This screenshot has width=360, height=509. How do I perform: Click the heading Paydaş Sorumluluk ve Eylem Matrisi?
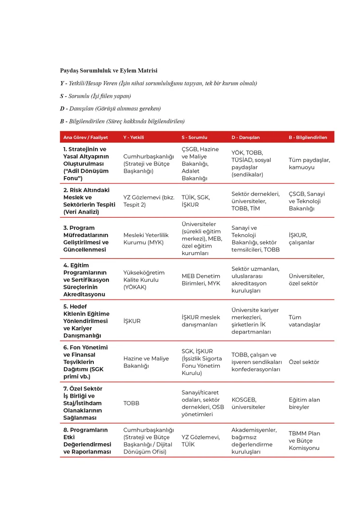(x=108, y=71)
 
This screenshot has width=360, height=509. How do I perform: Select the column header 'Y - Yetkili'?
(x=134, y=137)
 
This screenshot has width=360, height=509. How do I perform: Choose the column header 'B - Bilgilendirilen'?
(x=308, y=137)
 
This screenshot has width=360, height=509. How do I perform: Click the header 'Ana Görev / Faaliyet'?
(x=85, y=137)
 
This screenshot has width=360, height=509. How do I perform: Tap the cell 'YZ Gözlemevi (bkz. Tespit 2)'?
(x=149, y=201)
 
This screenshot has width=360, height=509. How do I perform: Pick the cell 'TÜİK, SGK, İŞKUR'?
(x=196, y=201)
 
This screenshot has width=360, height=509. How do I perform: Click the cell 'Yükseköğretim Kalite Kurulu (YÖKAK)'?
(x=144, y=280)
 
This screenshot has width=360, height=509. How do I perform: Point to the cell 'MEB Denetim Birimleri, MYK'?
(x=201, y=280)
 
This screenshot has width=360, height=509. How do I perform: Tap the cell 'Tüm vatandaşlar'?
(x=304, y=321)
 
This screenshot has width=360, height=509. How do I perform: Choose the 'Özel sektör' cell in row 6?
(x=304, y=362)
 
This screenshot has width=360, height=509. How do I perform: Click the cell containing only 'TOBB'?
(x=131, y=403)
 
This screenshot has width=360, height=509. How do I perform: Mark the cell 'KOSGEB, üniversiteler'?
(x=248, y=403)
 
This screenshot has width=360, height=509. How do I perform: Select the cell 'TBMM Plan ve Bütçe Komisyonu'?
(x=304, y=441)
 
